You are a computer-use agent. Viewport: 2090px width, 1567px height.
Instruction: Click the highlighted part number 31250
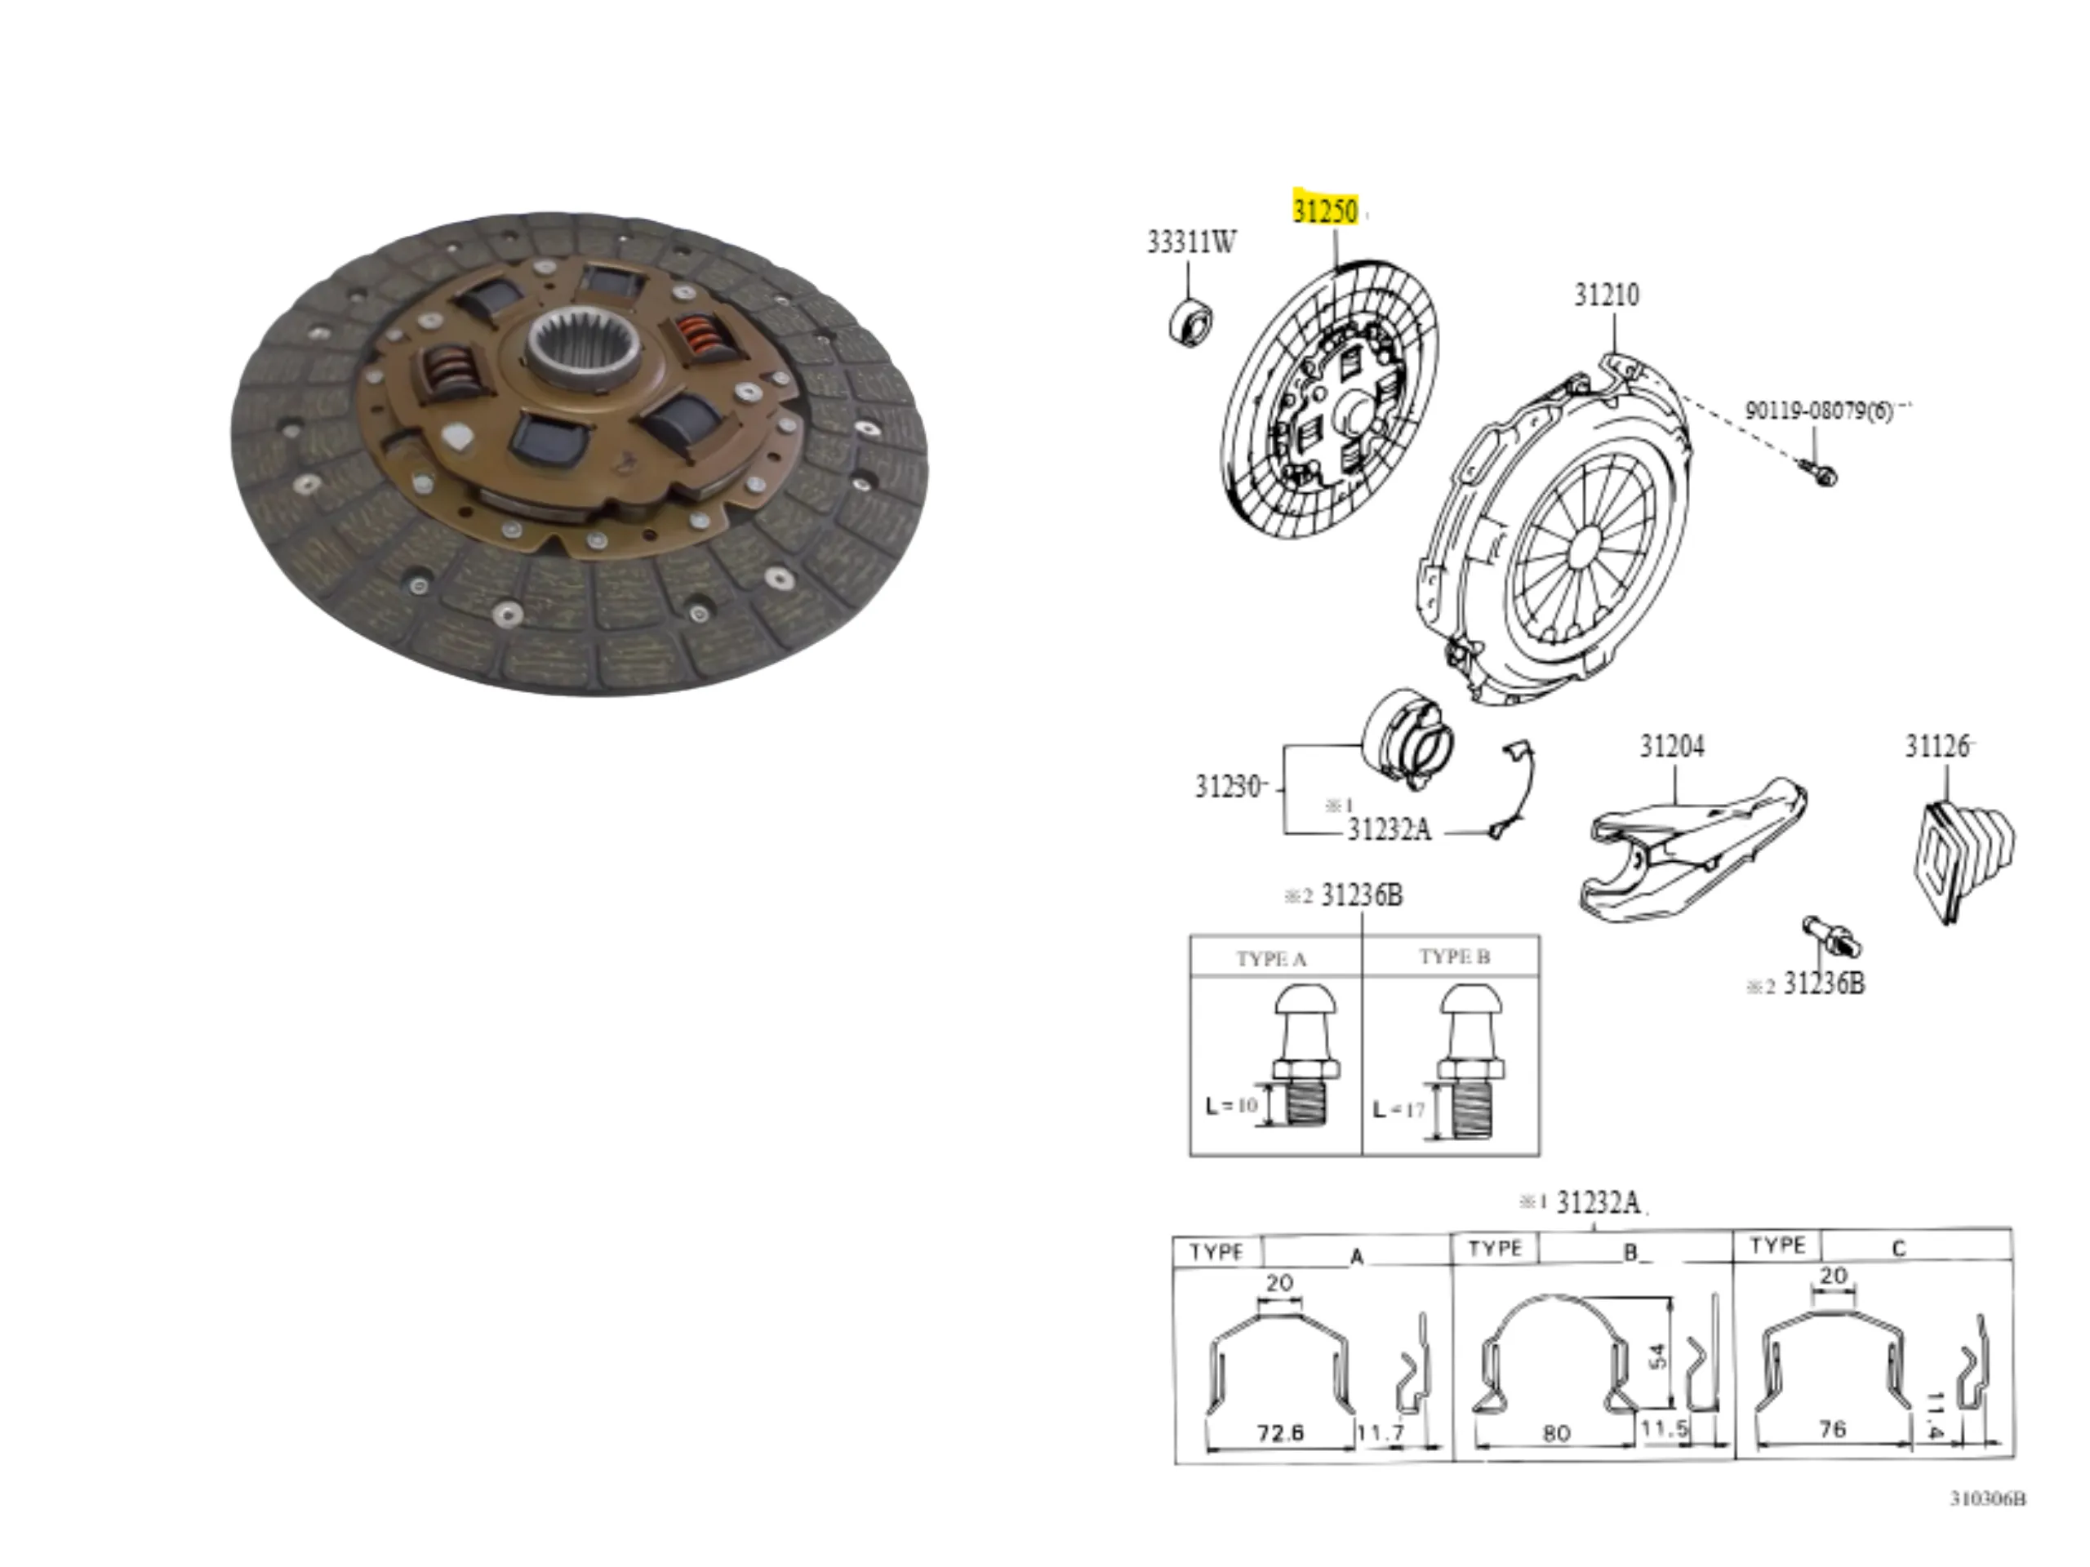pos(1325,210)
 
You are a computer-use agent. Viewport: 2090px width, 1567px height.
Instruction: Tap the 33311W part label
pos(1190,242)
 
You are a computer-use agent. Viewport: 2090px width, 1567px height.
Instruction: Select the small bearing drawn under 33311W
pos(1191,321)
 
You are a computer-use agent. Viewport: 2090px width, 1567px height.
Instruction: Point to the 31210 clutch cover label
pos(1606,295)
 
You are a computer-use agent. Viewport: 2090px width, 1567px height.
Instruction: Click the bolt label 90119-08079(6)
pos(1819,411)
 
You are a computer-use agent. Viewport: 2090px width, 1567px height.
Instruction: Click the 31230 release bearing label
pos(1229,786)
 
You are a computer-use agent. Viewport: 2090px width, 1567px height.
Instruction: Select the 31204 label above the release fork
pos(1671,746)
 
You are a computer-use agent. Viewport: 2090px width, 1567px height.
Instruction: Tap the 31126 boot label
pos(1937,746)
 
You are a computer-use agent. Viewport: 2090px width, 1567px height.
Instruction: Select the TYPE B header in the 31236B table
pos(1454,957)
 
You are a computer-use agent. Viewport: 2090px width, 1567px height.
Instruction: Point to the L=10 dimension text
pos(1232,1105)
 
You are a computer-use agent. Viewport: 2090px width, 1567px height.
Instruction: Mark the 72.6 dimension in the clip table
pos(1280,1433)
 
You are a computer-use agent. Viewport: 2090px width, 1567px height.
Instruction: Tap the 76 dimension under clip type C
pos(1832,1429)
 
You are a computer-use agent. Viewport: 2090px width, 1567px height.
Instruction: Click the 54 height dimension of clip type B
pos(1656,1356)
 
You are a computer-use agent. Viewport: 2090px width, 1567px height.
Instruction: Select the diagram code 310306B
pos(1988,1499)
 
